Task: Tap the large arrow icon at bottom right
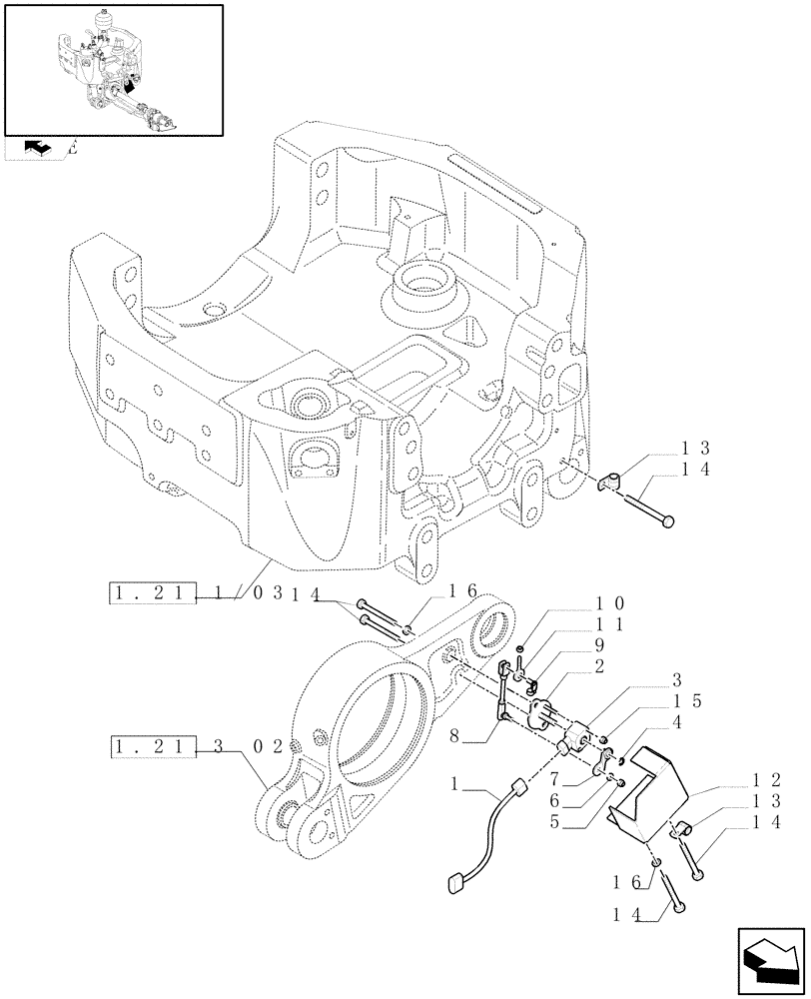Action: (x=769, y=962)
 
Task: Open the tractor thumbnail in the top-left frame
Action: (x=113, y=70)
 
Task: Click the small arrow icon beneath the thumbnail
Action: (x=38, y=149)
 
